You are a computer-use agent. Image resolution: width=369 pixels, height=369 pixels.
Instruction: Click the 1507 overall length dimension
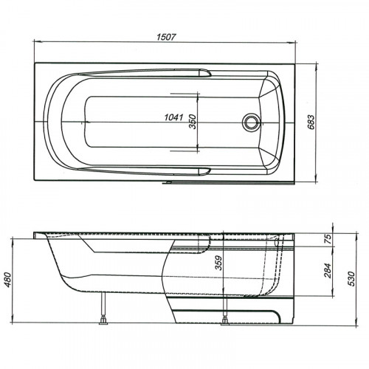[x=167, y=37]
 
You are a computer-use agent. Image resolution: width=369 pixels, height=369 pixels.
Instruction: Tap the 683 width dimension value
[x=311, y=123]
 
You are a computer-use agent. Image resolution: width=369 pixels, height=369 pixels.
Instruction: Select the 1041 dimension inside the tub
[x=173, y=117]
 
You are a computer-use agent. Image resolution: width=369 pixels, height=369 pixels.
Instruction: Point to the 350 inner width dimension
[x=193, y=122]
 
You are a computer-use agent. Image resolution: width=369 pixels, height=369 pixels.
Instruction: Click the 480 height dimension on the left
[x=9, y=280]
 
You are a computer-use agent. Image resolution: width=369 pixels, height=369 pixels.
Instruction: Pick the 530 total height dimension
[x=351, y=278]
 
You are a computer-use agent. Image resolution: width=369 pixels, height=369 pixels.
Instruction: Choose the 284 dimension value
[x=328, y=270]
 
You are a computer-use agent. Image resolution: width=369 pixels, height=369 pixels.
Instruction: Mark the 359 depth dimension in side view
[x=218, y=263]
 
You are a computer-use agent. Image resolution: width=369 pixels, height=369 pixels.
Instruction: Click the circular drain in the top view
[x=251, y=122]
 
